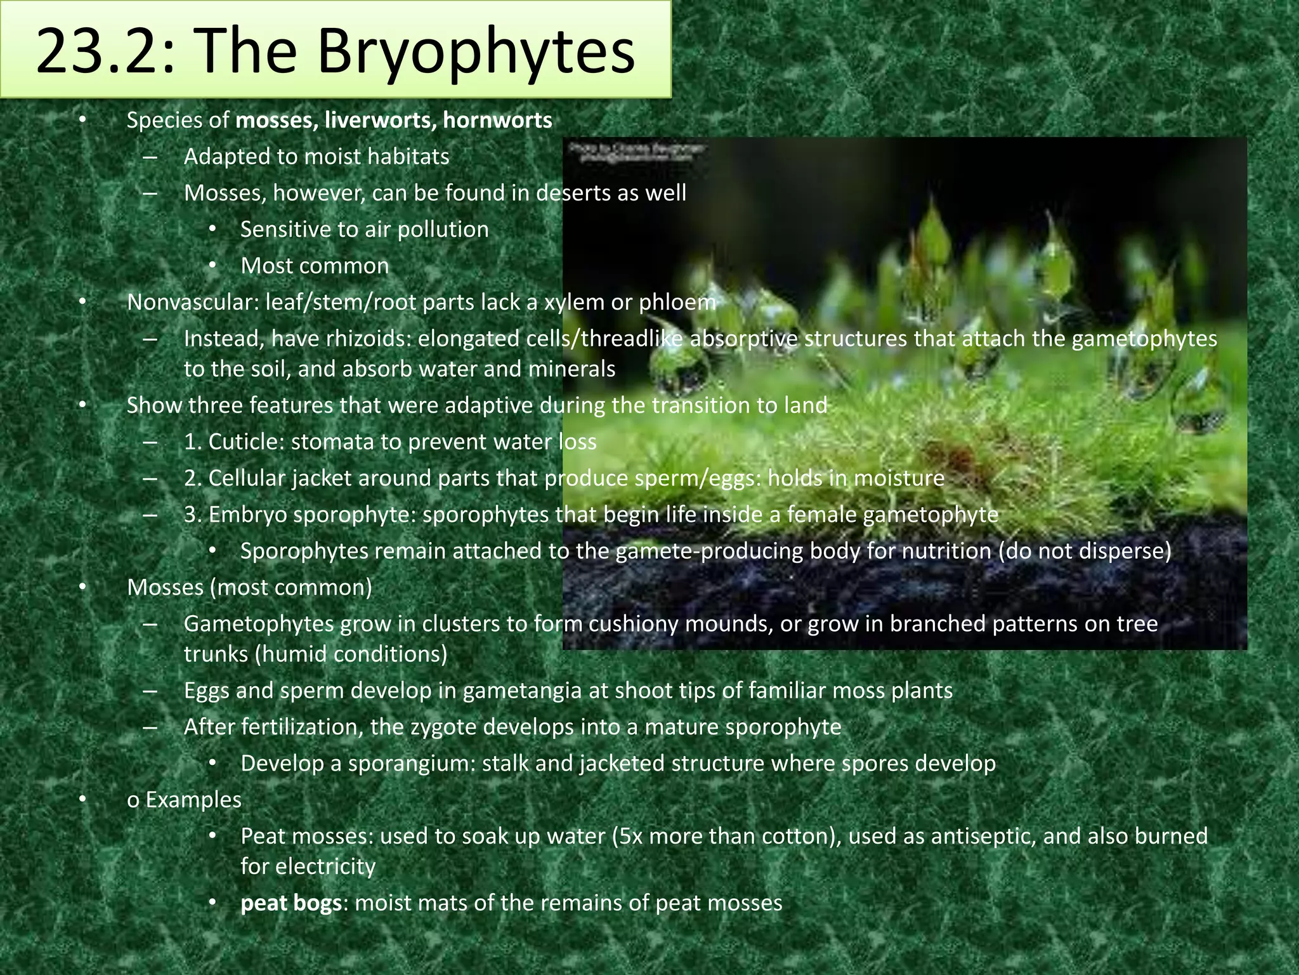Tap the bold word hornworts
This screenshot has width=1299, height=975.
(498, 120)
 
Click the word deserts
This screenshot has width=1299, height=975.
(575, 192)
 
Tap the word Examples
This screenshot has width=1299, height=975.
(193, 800)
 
